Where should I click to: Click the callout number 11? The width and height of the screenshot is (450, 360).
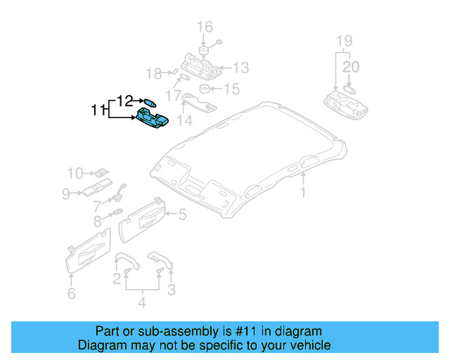coord(98,110)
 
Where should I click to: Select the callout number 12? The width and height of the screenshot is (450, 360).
coord(124,101)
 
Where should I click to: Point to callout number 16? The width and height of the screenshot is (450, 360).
coord(204,27)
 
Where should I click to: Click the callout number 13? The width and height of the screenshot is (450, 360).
coord(240,67)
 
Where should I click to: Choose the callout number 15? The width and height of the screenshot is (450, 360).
coord(231,89)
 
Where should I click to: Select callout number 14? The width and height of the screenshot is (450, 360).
coord(184,120)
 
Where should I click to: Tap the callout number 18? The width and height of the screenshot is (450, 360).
coord(153,73)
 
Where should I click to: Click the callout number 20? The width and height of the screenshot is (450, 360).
coord(351,67)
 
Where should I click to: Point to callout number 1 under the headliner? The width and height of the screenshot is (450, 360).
coord(304,192)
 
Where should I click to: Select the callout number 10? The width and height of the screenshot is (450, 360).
coord(75,172)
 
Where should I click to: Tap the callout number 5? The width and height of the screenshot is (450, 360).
coord(181,214)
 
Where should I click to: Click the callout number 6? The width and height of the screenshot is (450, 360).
coord(71,293)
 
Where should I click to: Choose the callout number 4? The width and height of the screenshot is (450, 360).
coord(141,303)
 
